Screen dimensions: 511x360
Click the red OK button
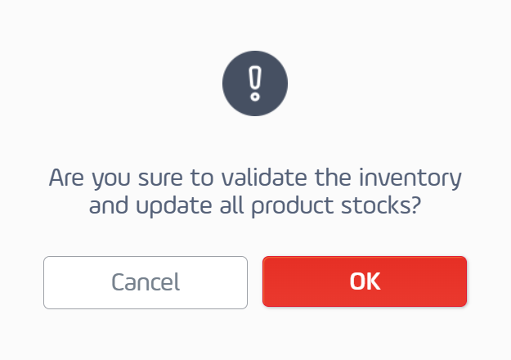(365, 281)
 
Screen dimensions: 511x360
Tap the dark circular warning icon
(255, 83)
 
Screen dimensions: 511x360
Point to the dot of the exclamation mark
(255, 97)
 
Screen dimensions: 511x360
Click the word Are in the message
(66, 178)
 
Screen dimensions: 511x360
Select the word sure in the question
(160, 178)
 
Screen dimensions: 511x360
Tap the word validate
(264, 178)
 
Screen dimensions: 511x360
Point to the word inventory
(410, 178)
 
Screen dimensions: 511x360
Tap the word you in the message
(111, 180)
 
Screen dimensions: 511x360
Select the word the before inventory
(333, 178)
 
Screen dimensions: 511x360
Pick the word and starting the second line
(109, 205)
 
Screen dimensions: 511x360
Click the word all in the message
(231, 205)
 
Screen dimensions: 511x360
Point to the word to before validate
(202, 178)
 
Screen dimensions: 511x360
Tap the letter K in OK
(373, 281)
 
